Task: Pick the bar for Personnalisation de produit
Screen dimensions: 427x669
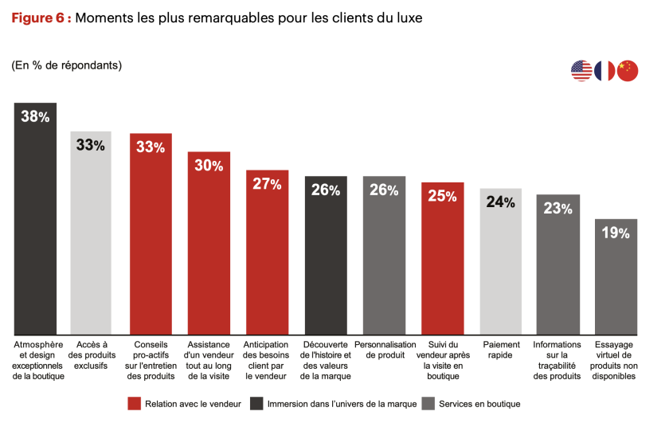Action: pos(384,256)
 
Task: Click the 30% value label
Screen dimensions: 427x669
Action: pos(209,166)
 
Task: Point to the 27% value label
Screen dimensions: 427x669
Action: pos(267,184)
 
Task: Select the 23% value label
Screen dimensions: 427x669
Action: pos(557,209)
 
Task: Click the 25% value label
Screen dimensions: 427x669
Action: pos(442,196)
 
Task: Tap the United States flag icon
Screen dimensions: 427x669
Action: pos(581,71)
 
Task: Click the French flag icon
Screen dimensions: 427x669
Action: pos(604,71)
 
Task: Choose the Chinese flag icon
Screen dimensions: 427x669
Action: pos(628,71)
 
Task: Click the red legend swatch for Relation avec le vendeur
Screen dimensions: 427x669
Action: pos(134,404)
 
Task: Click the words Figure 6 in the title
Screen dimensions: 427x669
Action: pos(40,18)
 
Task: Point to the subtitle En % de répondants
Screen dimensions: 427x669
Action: pos(67,65)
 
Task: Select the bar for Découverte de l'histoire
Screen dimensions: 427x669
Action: pos(326,256)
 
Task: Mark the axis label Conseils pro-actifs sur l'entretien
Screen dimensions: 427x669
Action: pos(151,360)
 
